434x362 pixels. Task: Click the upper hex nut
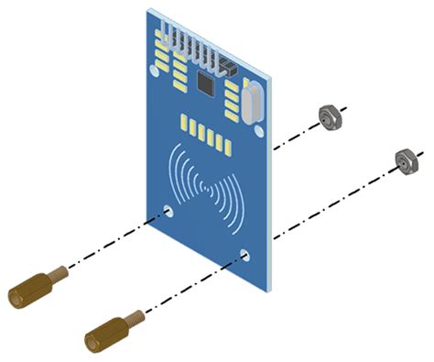pos(330,115)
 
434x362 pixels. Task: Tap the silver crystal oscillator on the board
pos(252,100)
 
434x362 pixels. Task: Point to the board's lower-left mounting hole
pos(169,212)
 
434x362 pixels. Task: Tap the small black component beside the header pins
pos(227,68)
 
